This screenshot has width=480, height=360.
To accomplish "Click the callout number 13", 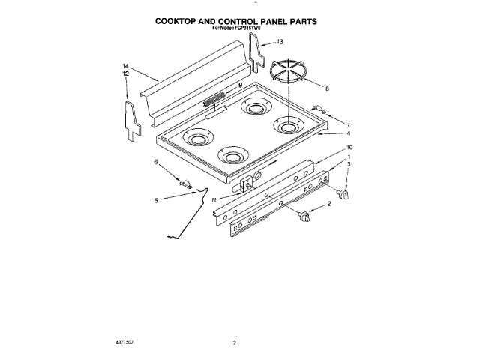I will click(x=280, y=42).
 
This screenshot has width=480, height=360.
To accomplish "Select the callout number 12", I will click(x=126, y=74).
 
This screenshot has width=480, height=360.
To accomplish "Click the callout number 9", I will click(x=240, y=85).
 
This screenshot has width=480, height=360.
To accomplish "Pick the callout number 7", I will click(x=347, y=124).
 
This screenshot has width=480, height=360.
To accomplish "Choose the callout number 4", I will click(x=349, y=134).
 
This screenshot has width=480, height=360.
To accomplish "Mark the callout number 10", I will click(x=349, y=147).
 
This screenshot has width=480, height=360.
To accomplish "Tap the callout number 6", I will click(x=156, y=162).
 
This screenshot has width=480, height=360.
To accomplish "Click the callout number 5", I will click(x=156, y=200).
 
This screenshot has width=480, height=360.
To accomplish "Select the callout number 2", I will click(x=328, y=204).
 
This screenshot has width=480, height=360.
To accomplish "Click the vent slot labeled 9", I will click(x=214, y=96).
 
